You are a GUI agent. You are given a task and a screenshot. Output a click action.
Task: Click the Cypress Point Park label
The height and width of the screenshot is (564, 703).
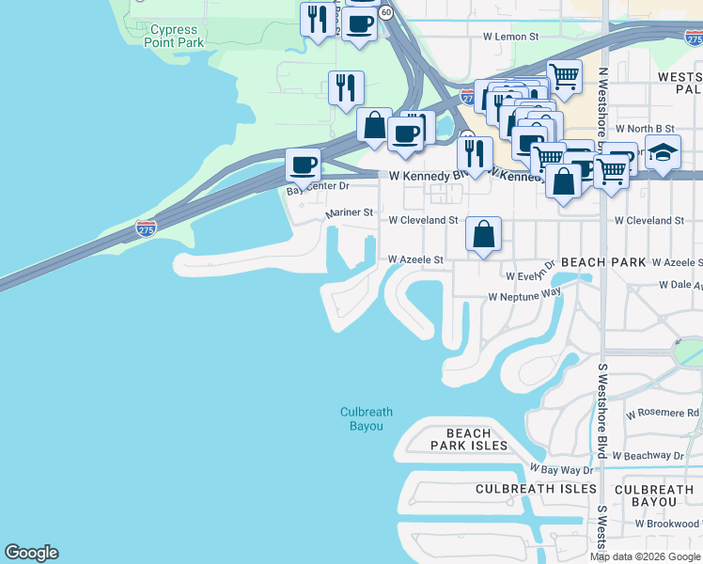(177, 37)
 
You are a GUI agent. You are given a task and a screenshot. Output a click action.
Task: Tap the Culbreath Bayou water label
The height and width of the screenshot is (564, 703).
(367, 419)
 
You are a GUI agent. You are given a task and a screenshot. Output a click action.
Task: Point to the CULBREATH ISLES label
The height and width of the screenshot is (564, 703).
(536, 489)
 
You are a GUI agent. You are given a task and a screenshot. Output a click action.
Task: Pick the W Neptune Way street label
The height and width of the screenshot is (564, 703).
(523, 296)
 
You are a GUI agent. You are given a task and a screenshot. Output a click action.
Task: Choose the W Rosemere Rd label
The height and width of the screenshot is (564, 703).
(663, 413)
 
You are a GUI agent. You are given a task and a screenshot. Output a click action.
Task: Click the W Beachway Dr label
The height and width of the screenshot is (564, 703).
(661, 455)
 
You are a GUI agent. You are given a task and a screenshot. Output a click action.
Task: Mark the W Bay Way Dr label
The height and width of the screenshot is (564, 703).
(561, 469)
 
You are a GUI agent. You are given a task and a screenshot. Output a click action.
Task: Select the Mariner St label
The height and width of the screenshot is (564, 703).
(350, 214)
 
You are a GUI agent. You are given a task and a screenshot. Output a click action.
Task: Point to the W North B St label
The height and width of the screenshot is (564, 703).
(645, 128)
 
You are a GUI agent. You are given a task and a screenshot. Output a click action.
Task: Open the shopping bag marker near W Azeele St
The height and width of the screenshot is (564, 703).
(483, 235)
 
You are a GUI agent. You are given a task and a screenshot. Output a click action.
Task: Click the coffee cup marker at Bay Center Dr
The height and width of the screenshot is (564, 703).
(303, 165)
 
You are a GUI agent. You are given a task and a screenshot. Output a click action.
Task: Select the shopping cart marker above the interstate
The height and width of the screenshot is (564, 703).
(564, 77)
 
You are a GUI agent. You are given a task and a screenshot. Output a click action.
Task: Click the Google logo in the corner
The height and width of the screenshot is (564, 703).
(31, 553)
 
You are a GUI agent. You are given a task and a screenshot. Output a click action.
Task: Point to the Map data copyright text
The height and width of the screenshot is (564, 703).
(645, 556)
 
